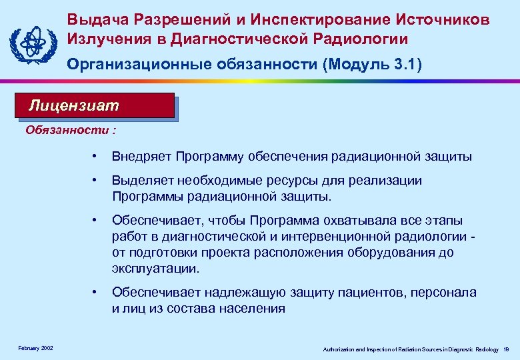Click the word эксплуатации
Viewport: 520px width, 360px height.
click(154, 269)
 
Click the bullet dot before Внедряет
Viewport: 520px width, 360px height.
click(97, 157)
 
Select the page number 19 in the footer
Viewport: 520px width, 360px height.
click(506, 349)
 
